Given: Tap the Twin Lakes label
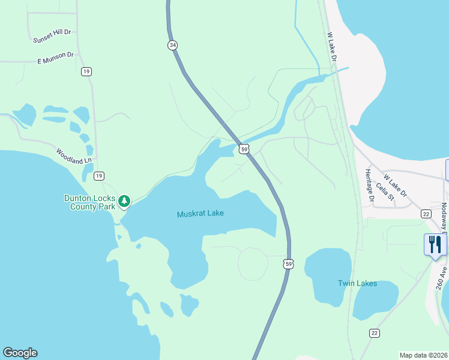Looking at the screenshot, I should pos(357,283).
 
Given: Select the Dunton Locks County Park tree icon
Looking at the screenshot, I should pos(124,200).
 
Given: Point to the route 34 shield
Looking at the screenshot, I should pos(173,45).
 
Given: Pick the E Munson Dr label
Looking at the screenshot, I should pos(55,58).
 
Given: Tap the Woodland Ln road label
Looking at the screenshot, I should pos(74,157).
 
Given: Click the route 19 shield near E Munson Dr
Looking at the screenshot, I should pos(86,72).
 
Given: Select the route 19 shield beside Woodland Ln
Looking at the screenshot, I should pos(99,176).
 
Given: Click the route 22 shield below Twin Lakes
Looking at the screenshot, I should pos(375,333).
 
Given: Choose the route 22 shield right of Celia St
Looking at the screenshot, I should pos(426,214).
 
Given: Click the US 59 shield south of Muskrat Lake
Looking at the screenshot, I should pos(289,264).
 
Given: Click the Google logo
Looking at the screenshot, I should pos(20,353).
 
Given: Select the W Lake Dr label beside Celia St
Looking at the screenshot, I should pos(395,185).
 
